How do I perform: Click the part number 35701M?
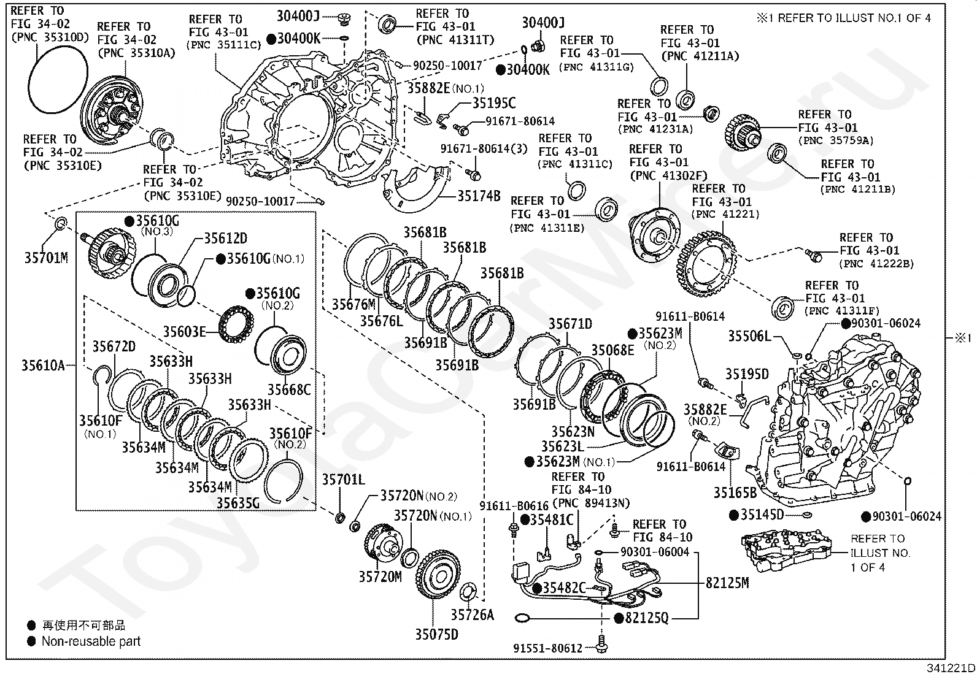pos(46,258)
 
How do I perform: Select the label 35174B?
pos(479,197)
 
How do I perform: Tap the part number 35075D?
pos(436,634)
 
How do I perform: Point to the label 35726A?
pos(472,615)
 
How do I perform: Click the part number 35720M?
pos(380,576)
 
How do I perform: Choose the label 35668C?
pos(289,389)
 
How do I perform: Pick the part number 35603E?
pos(184,332)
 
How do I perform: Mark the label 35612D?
pos(225,239)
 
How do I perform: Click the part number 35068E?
pos(612,350)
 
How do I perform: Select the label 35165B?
pos(735,492)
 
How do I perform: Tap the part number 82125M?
pos(727,583)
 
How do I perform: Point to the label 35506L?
pos(749,336)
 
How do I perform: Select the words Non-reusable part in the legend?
pos(91,641)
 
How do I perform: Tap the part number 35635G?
pos(238,503)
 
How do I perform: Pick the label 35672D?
pos(114,347)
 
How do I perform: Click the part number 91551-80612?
pos(548,648)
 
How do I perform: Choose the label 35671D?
pos(571,324)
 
